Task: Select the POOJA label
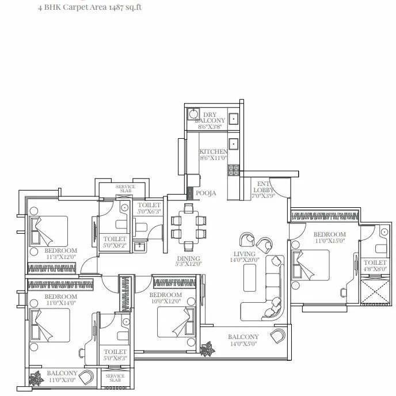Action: (x=205, y=193)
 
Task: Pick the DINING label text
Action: (x=189, y=258)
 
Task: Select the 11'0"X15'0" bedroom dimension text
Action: (x=329, y=241)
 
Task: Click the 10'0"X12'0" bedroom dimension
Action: (x=166, y=301)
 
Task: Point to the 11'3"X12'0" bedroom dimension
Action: (x=61, y=257)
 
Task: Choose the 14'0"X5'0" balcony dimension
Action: (x=243, y=344)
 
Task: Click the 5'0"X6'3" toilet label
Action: (x=148, y=211)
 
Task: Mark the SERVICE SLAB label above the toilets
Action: (x=125, y=189)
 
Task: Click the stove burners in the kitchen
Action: (x=234, y=170)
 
